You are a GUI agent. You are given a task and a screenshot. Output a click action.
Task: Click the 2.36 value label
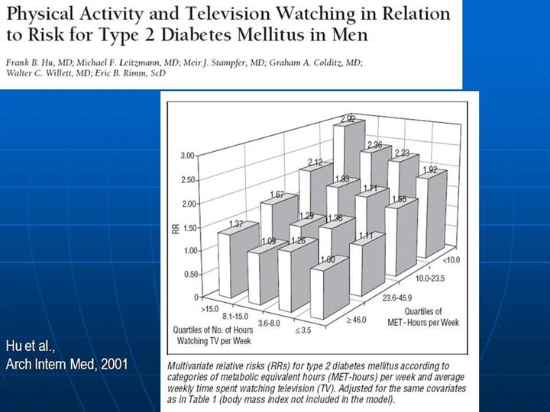(x=374, y=145)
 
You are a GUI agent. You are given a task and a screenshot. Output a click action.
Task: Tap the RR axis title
(x=175, y=226)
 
